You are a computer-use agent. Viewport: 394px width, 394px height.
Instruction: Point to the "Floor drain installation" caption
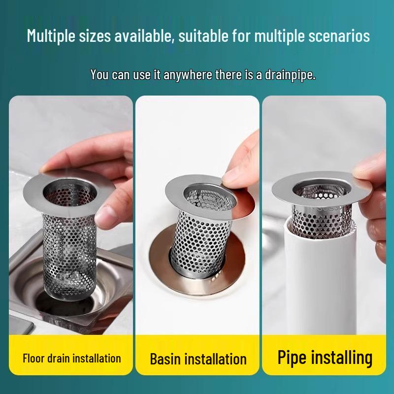coord(71,358)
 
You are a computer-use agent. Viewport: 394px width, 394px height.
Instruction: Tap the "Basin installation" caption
coord(198,359)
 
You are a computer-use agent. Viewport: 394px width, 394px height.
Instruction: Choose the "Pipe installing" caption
coord(325,358)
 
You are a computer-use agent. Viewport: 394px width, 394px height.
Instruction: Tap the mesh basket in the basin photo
coord(197,231)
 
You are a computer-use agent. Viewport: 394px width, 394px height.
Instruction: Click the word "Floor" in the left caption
coord(34,358)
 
